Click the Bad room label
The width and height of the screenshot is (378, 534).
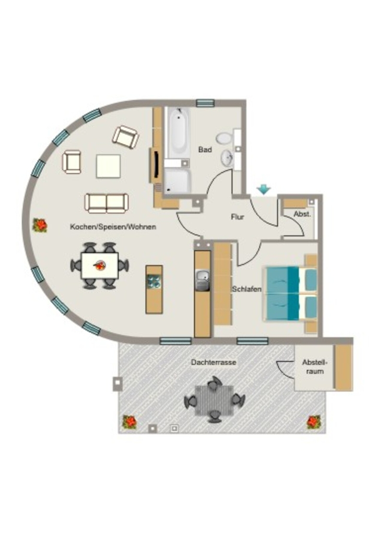pyautogui.click(x=205, y=150)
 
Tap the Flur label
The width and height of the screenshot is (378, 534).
pyautogui.click(x=238, y=217)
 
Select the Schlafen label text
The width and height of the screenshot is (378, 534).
pyautogui.click(x=247, y=289)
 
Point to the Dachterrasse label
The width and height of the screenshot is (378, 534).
pyautogui.click(x=214, y=362)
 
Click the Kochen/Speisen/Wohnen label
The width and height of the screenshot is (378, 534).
pyautogui.click(x=113, y=227)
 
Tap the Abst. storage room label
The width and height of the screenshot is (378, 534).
pyautogui.click(x=302, y=214)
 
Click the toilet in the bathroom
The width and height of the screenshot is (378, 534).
pyautogui.click(x=225, y=138)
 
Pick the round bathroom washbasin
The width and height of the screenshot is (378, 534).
pyautogui.click(x=227, y=158)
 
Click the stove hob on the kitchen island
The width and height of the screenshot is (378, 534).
pyautogui.click(x=154, y=282)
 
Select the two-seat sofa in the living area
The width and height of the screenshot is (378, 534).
pyautogui.click(x=107, y=203)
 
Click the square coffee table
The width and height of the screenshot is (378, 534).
pyautogui.click(x=108, y=166)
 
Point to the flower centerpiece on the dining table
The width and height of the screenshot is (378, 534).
pyautogui.click(x=100, y=264)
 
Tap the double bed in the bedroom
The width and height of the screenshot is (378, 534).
pyautogui.click(x=290, y=294)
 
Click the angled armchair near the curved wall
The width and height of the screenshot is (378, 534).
pyautogui.click(x=125, y=137)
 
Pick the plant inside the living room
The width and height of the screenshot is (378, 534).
pyautogui.click(x=40, y=225)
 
